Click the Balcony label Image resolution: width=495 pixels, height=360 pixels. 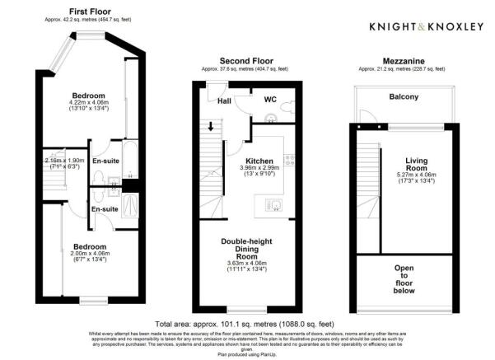404,97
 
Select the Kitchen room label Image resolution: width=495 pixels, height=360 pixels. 261,161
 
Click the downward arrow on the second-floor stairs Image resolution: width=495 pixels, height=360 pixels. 210,127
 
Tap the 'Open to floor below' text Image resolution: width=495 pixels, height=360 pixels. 405,278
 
